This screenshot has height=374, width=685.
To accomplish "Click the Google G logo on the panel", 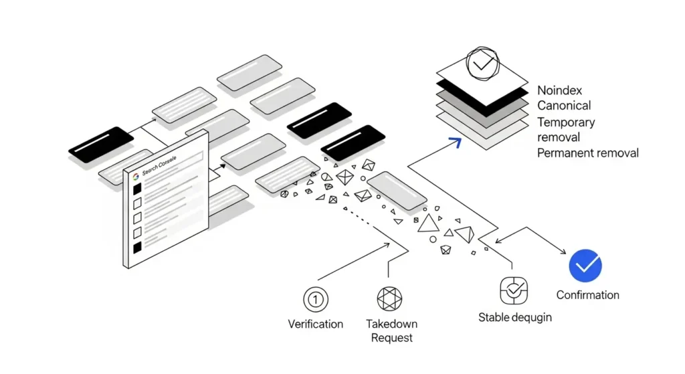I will [136, 176].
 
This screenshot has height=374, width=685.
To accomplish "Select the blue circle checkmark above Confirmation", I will [585, 266].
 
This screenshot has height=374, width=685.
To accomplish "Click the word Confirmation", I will [587, 295].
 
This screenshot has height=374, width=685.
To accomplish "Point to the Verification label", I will [315, 324].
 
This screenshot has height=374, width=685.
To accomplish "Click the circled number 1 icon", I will [315, 298].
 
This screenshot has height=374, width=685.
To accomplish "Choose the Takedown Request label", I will [391, 330].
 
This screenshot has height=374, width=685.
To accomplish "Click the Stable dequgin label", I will [514, 317].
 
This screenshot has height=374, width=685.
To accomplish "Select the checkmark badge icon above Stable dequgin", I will [514, 290].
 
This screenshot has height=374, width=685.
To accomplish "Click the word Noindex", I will [560, 90].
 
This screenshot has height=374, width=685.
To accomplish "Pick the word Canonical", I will [564, 106].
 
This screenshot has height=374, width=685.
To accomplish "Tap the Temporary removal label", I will [565, 129].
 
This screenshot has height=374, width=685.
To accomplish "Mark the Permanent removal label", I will [587, 153].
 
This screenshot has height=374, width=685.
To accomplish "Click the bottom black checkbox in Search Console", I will [137, 248].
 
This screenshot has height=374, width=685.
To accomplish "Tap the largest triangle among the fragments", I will [428, 223].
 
